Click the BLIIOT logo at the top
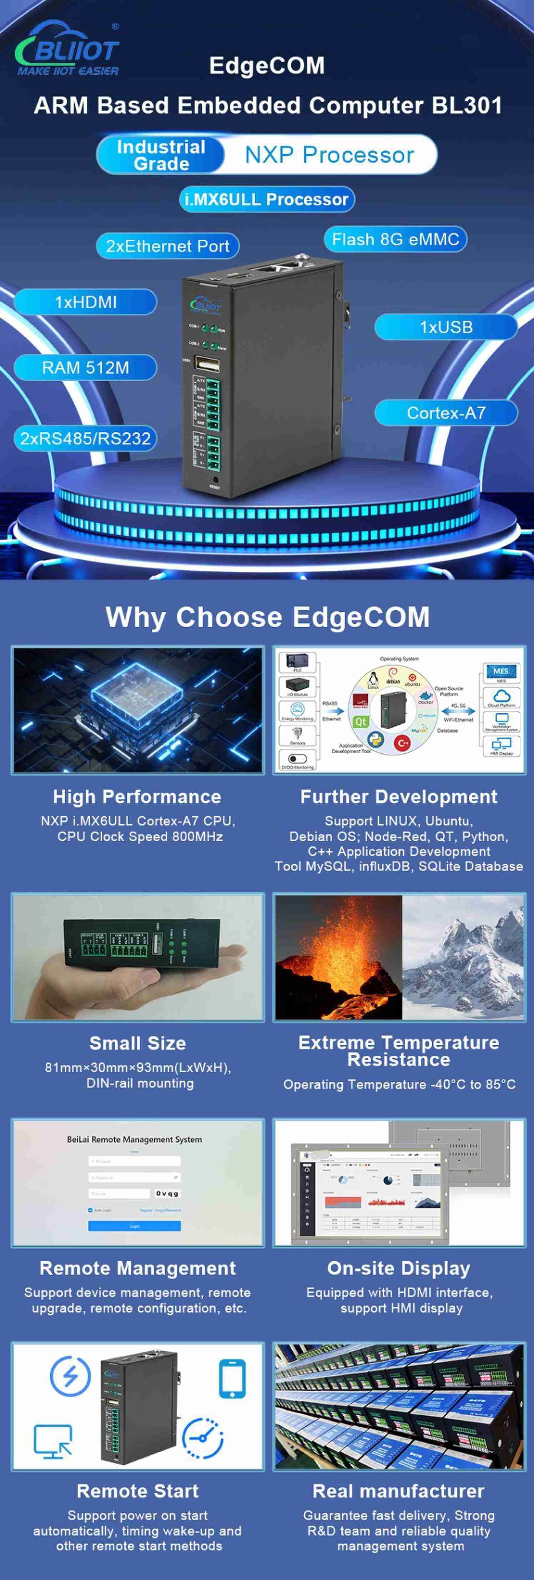pyautogui.click(x=67, y=49)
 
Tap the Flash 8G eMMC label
pyautogui.click(x=395, y=239)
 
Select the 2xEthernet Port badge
pyautogui.click(x=167, y=246)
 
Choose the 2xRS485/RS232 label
pyautogui.click(x=85, y=438)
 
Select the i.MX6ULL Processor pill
pyautogui.click(x=266, y=199)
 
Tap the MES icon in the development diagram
pyautogui.click(x=501, y=672)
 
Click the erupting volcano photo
pyautogui.click(x=338, y=957)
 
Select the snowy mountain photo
pyautogui.click(x=463, y=957)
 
